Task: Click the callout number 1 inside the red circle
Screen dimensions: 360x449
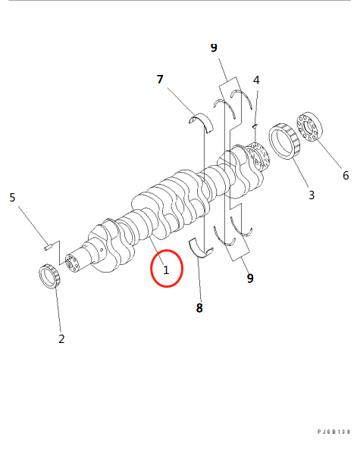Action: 166,270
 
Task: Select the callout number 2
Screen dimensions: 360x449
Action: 61,338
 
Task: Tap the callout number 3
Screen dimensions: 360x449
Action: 311,195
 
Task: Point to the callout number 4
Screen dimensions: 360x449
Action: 256,80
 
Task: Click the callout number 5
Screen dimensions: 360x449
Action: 12,198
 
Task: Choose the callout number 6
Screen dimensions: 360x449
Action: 346,175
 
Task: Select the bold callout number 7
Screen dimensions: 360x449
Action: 160,79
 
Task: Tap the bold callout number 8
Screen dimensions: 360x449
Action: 199,308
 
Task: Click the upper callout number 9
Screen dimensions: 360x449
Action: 214,48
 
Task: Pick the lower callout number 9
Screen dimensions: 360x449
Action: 250,278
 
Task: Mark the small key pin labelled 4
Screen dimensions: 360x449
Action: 255,126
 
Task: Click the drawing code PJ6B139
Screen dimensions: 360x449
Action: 333,432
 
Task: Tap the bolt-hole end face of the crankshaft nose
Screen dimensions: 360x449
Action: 72,263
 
